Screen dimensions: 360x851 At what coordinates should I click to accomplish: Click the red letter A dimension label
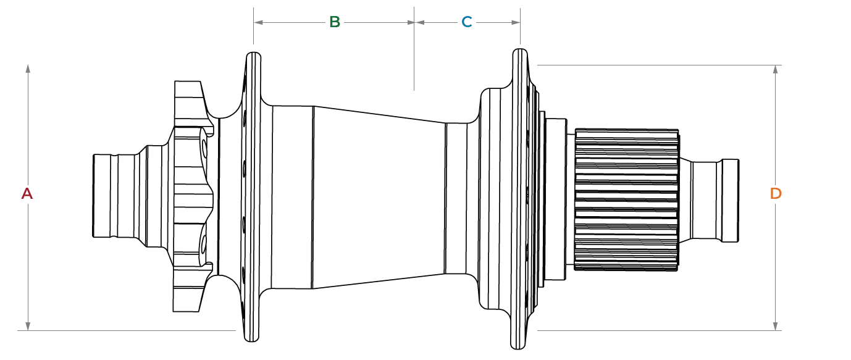27,193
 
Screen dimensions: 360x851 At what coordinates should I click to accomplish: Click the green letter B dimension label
334,22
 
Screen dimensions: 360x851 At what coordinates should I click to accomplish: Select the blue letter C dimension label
467,22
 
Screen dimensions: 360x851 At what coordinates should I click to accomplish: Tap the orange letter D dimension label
776,193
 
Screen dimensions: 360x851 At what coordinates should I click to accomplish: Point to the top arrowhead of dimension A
28,67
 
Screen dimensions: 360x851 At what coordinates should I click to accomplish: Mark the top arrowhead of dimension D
776,69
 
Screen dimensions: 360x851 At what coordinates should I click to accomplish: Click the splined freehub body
626,199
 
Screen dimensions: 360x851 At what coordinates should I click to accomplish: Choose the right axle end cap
729,200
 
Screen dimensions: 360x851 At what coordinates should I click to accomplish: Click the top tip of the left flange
252,55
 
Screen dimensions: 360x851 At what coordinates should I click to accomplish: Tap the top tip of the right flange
520,51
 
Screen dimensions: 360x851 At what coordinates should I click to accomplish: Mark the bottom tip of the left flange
251,338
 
